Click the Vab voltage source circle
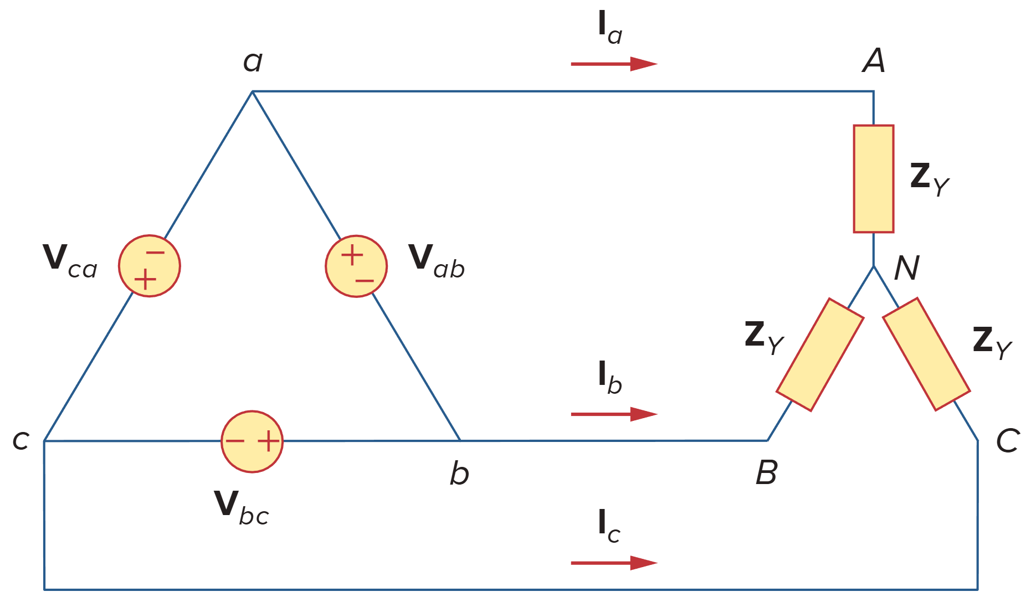[x=356, y=266]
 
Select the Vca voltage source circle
[x=150, y=266]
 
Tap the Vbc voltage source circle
[x=252, y=441]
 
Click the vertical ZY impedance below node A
[x=874, y=178]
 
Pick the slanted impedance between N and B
[x=820, y=354]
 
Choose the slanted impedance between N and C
[x=926, y=354]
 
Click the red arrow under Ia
[x=613, y=64]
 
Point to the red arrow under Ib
[x=613, y=414]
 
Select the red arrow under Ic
[x=613, y=563]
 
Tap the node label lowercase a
[x=253, y=61]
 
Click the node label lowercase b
[x=459, y=474]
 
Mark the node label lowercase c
[x=20, y=441]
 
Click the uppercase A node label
[x=874, y=60]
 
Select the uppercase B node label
[x=767, y=473]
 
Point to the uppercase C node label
[x=1008, y=441]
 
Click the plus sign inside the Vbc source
[x=269, y=441]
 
